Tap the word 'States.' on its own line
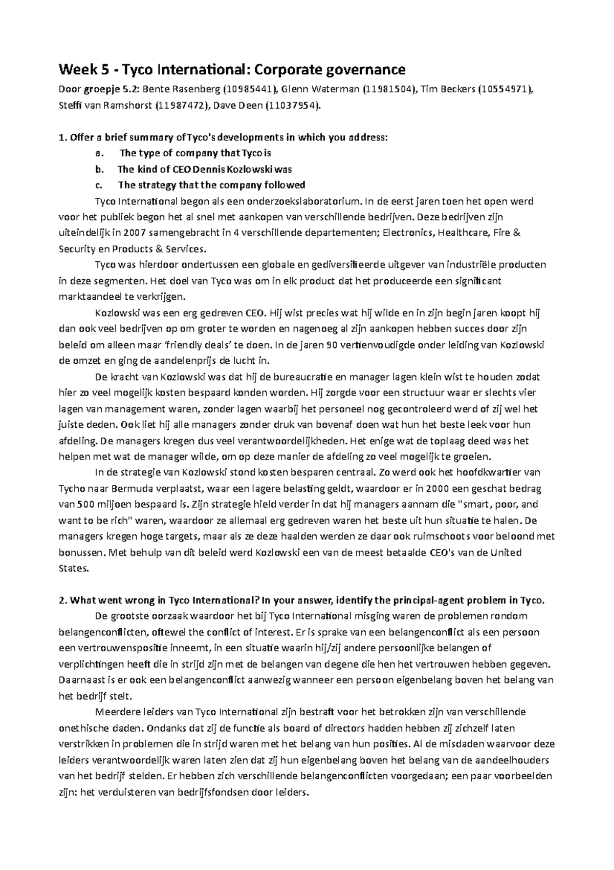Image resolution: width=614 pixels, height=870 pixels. [75, 568]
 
